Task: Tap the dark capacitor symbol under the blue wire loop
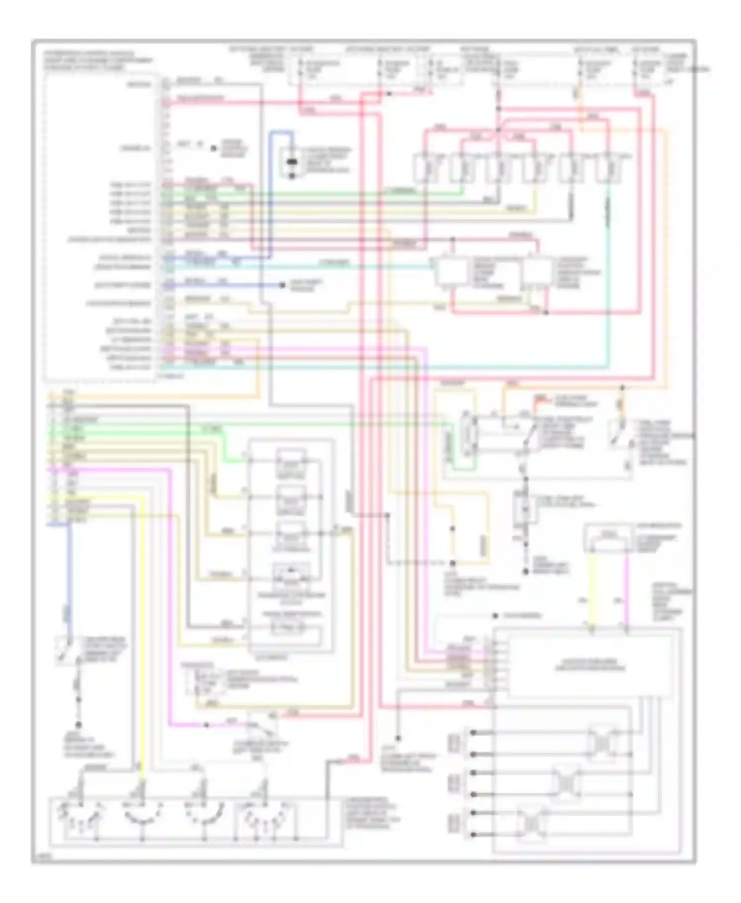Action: [292, 162]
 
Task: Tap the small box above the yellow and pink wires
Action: [608, 537]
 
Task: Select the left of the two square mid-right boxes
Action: [451, 271]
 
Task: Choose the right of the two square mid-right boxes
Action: [537, 271]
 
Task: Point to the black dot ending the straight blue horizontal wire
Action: [283, 286]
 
